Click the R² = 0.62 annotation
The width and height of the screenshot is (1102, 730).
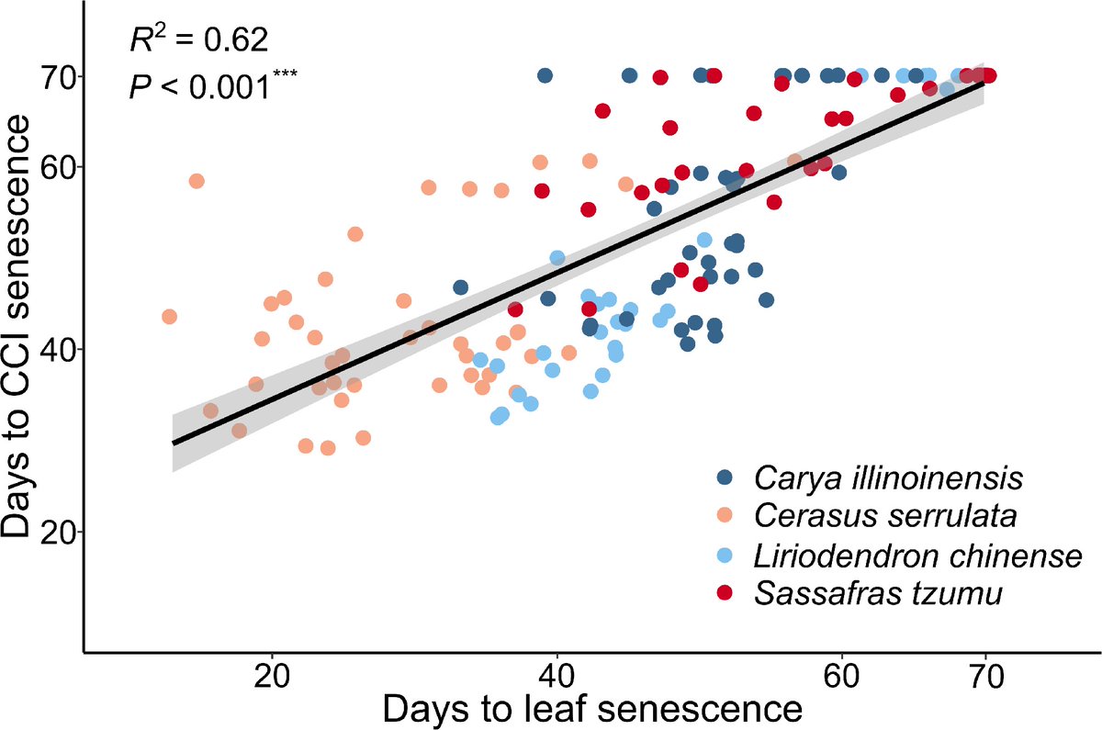(197, 40)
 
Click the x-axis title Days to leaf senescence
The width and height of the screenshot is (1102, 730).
(592, 711)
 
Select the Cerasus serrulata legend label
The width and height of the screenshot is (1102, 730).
(886, 516)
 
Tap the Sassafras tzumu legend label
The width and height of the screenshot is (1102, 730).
(877, 593)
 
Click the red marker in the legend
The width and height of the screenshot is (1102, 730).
(725, 593)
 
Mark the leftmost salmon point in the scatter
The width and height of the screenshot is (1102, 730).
(169, 317)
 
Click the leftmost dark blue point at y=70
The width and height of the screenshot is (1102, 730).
(545, 75)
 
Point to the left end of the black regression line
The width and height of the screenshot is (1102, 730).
(174, 443)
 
